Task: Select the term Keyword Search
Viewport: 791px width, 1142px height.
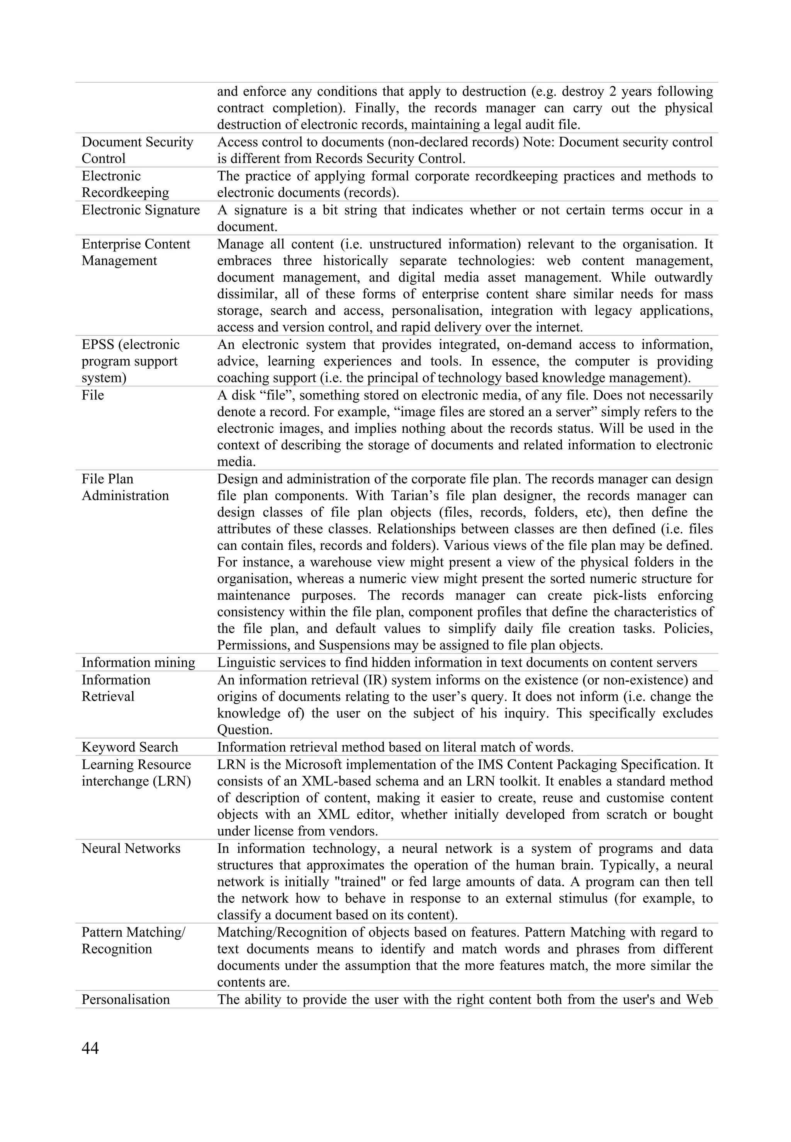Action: tap(129, 747)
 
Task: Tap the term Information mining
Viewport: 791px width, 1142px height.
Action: tap(138, 663)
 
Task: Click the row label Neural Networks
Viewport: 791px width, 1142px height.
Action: tap(131, 848)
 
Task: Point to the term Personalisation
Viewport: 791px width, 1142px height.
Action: tap(126, 999)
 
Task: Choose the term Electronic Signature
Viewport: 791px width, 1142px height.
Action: tap(140, 210)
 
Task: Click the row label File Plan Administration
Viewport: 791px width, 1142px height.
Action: tap(125, 487)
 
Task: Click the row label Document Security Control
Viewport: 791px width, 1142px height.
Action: tap(137, 150)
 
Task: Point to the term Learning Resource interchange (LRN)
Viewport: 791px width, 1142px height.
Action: tap(136, 773)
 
